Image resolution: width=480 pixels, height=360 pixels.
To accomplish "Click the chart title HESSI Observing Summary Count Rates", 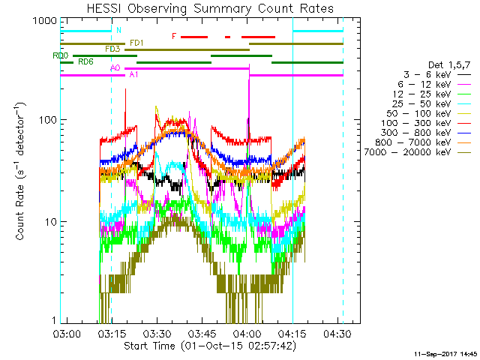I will click(210, 9).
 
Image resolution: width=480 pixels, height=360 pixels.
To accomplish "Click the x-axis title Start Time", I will click(210, 346).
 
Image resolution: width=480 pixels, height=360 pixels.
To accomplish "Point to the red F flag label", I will click(174, 36).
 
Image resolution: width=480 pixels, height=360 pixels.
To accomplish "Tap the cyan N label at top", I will click(118, 30).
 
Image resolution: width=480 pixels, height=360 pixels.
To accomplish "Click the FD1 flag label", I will click(137, 43).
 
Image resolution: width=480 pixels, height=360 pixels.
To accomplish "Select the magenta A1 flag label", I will click(133, 75).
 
